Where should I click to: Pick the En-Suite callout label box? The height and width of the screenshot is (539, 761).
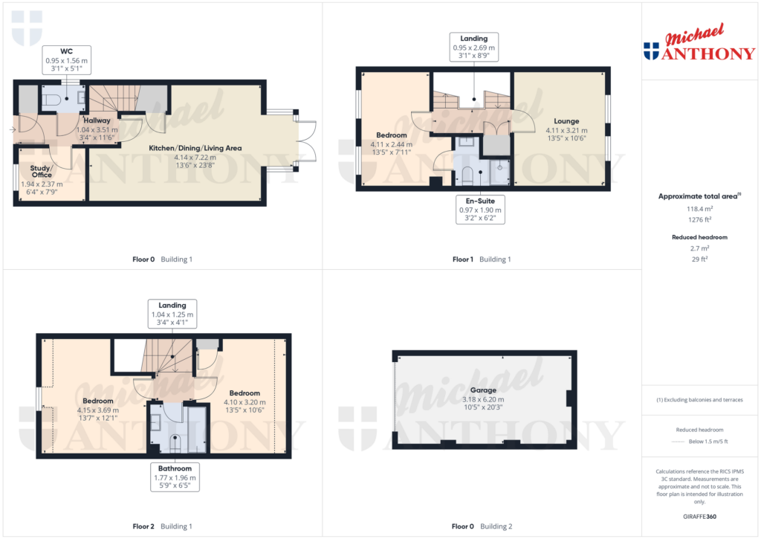479,210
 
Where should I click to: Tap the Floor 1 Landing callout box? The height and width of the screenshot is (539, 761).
474,47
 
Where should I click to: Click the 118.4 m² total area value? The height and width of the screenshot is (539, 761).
699,210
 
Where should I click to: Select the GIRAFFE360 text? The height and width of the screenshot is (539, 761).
699,517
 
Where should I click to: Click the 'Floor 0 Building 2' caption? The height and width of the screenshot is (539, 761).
482,526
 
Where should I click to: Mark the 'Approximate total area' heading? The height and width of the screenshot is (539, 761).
697,196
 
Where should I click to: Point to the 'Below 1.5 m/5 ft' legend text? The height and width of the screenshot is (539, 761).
707,442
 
